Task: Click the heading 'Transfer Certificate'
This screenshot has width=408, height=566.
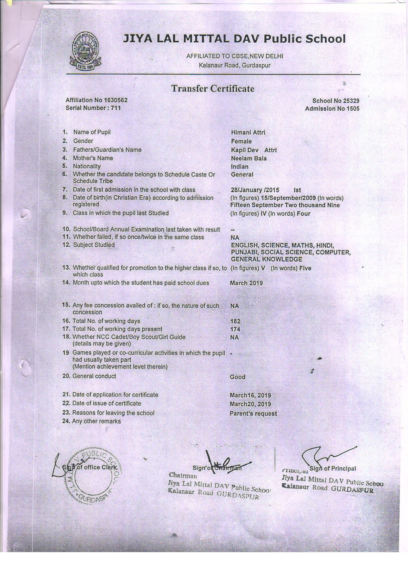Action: point(213,88)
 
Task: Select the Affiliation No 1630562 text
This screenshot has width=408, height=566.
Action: point(94,100)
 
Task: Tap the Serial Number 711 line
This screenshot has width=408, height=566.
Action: point(93,108)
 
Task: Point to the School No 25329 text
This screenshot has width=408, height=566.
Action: point(336,101)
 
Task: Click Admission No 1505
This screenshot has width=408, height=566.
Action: point(332,109)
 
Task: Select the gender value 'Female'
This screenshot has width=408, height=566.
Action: point(241,141)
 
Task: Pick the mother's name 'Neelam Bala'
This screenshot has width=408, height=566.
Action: point(249,159)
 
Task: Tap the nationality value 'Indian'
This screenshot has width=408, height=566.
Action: point(240,167)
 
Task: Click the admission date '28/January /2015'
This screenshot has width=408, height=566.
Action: point(255,190)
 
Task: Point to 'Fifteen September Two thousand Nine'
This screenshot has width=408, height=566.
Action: point(285,205)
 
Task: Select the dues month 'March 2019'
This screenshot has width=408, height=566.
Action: point(246,283)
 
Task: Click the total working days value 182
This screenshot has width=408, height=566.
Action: point(235,321)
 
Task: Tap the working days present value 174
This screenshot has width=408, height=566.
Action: point(235,329)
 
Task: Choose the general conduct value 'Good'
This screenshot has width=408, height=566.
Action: point(238,377)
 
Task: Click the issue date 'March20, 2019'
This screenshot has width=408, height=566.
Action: point(250,404)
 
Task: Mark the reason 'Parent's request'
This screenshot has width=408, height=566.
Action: point(253,414)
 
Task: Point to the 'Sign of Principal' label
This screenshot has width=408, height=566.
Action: point(332,468)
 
